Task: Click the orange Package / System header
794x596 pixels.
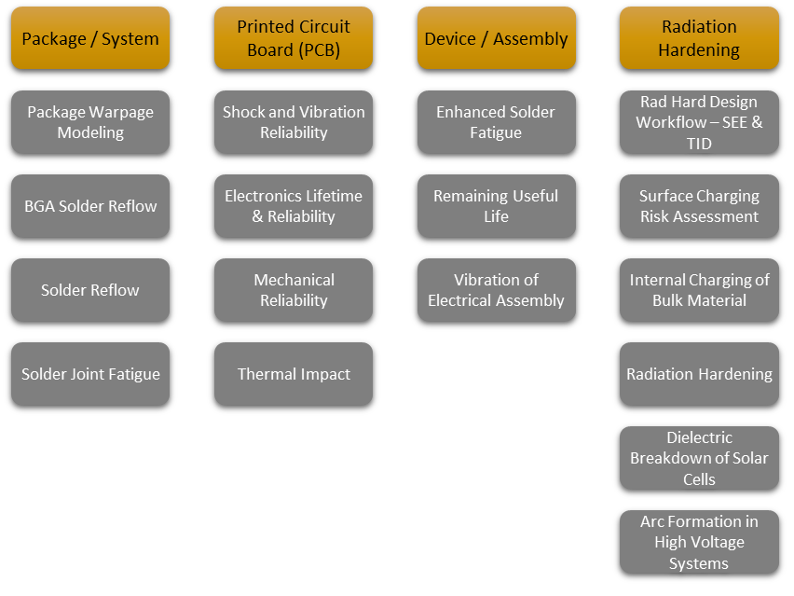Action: pos(90,38)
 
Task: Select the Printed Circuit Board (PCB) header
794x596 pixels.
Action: pos(294,38)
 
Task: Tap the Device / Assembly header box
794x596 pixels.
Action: pos(496,38)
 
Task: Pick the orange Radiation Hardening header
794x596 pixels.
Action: pos(699,38)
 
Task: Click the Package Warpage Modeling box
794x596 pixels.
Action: pos(90,122)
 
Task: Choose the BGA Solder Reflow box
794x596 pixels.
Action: pos(90,206)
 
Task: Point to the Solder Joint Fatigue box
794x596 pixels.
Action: pos(90,374)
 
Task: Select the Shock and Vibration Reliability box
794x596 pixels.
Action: pos(294,122)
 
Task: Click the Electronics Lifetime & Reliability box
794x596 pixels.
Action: pos(294,206)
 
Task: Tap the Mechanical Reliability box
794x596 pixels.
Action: pos(294,290)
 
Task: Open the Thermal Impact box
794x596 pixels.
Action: pos(294,374)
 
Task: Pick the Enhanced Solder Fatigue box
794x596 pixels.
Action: pos(496,122)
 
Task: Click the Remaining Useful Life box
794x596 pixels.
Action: pos(496,206)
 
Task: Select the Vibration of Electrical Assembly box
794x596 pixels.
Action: pos(496,290)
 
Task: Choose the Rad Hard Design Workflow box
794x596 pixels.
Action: pos(699,122)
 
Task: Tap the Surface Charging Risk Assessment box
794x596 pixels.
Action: pos(699,206)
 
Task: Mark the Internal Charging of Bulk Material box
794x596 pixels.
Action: pos(699,290)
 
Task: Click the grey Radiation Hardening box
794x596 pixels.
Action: pos(699,374)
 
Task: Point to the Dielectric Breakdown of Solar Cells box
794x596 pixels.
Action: pos(699,458)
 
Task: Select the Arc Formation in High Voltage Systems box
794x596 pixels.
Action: pos(699,542)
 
